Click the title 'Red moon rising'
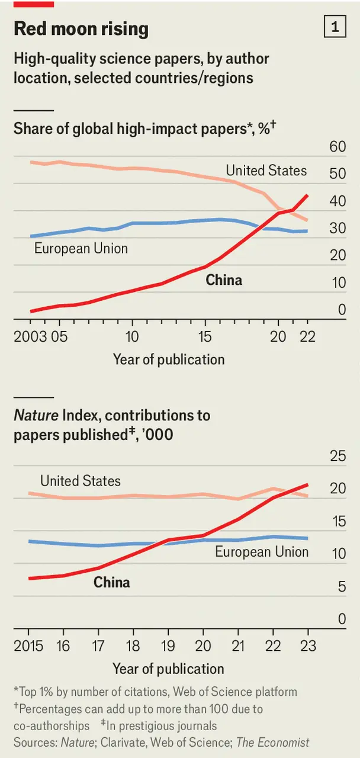pyautogui.click(x=81, y=29)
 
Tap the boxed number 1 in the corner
pyautogui.click(x=335, y=27)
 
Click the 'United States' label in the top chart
pyautogui.click(x=266, y=171)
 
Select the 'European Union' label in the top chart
pyautogui.click(x=81, y=248)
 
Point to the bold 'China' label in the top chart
pyautogui.click(x=224, y=280)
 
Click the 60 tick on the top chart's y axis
pyautogui.click(x=337, y=146)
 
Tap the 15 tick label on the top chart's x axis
pyautogui.click(x=205, y=337)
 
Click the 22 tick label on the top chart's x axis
pyautogui.click(x=307, y=337)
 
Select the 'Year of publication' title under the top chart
pyautogui.click(x=169, y=359)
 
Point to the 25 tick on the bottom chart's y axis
pyautogui.click(x=337, y=456)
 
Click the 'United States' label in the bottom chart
pyautogui.click(x=81, y=480)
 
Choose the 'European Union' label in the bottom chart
pyautogui.click(x=262, y=552)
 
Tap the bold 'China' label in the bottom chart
pyautogui.click(x=112, y=582)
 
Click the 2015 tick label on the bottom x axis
pyautogui.click(x=28, y=646)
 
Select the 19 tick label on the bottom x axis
pyautogui.click(x=168, y=646)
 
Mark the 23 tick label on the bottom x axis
pyautogui.click(x=308, y=646)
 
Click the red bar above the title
pyautogui.click(x=34, y=4)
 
